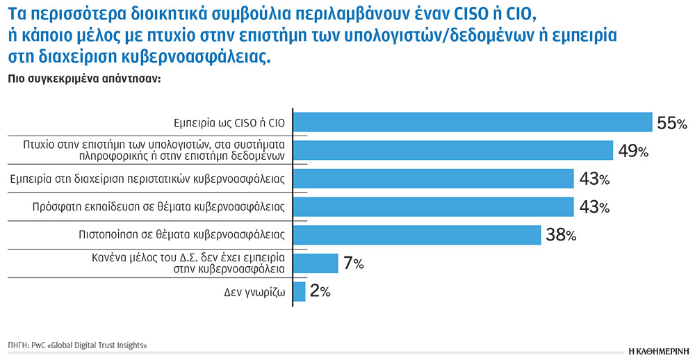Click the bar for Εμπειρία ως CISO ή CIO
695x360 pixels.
pos(473,123)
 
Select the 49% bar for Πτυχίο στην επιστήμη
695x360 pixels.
pos(453,151)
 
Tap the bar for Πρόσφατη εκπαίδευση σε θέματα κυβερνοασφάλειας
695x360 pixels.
pos(434,207)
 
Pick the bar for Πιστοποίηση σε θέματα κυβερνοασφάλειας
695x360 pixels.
pos(418,235)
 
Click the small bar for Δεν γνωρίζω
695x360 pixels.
pos(300,291)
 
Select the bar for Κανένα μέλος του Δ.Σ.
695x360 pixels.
pos(316,263)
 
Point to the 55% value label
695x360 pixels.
pos(671,124)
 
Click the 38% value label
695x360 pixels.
pos(562,236)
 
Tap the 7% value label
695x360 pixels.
pos(353,264)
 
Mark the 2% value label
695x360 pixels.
pos(320,292)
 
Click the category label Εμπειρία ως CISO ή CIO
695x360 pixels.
pos(229,123)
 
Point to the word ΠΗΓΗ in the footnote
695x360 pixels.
pos(17,345)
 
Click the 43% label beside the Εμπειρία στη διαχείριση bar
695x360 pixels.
pos(594,179)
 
